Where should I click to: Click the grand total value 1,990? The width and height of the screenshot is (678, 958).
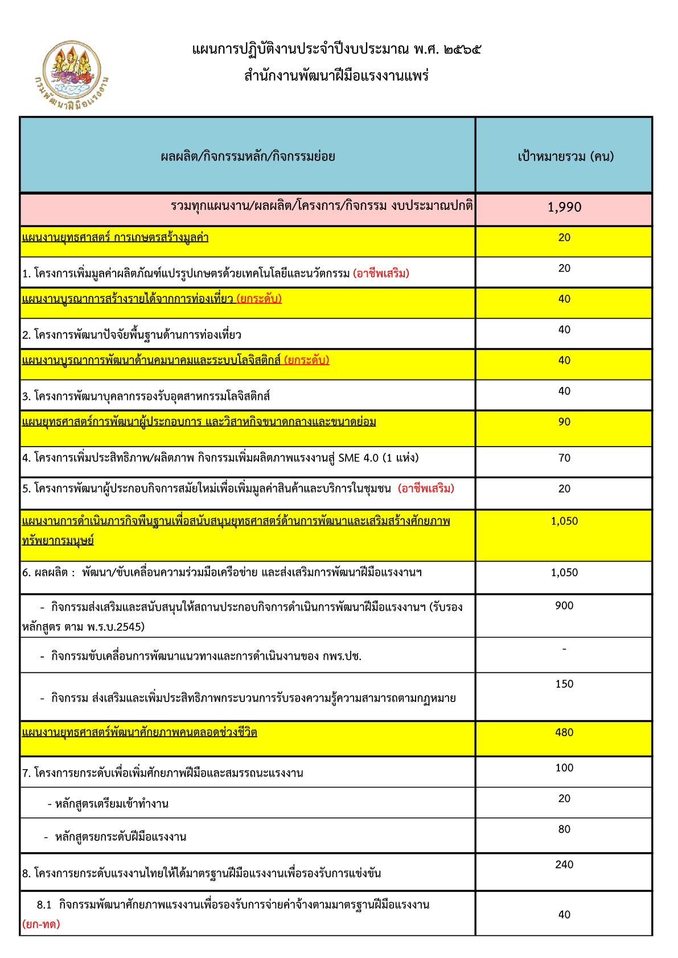coord(564,207)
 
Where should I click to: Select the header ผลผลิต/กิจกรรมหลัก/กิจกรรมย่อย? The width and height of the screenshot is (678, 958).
coord(248,156)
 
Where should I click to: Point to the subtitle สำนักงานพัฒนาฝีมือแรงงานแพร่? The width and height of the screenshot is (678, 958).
coord(336,76)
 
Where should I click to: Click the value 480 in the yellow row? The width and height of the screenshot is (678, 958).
coord(564,733)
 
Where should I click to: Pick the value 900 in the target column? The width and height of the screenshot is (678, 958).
coord(564,606)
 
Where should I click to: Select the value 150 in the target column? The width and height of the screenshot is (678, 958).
coord(564,684)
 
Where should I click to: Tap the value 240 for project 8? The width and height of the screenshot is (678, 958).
coord(564,865)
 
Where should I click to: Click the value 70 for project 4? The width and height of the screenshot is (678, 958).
coord(564,458)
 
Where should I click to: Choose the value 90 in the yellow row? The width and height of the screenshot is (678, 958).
coord(564,422)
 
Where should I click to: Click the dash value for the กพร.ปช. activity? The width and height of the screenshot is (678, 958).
coord(564,649)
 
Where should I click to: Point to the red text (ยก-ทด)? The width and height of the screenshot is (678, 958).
coord(41,924)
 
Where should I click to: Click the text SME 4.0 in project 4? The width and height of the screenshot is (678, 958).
coord(358,458)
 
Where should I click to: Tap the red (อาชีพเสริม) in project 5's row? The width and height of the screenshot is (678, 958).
coord(426,489)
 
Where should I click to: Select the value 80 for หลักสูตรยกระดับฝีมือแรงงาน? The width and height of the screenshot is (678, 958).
coord(564,829)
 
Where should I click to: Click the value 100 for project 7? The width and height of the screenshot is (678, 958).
coord(564,768)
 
